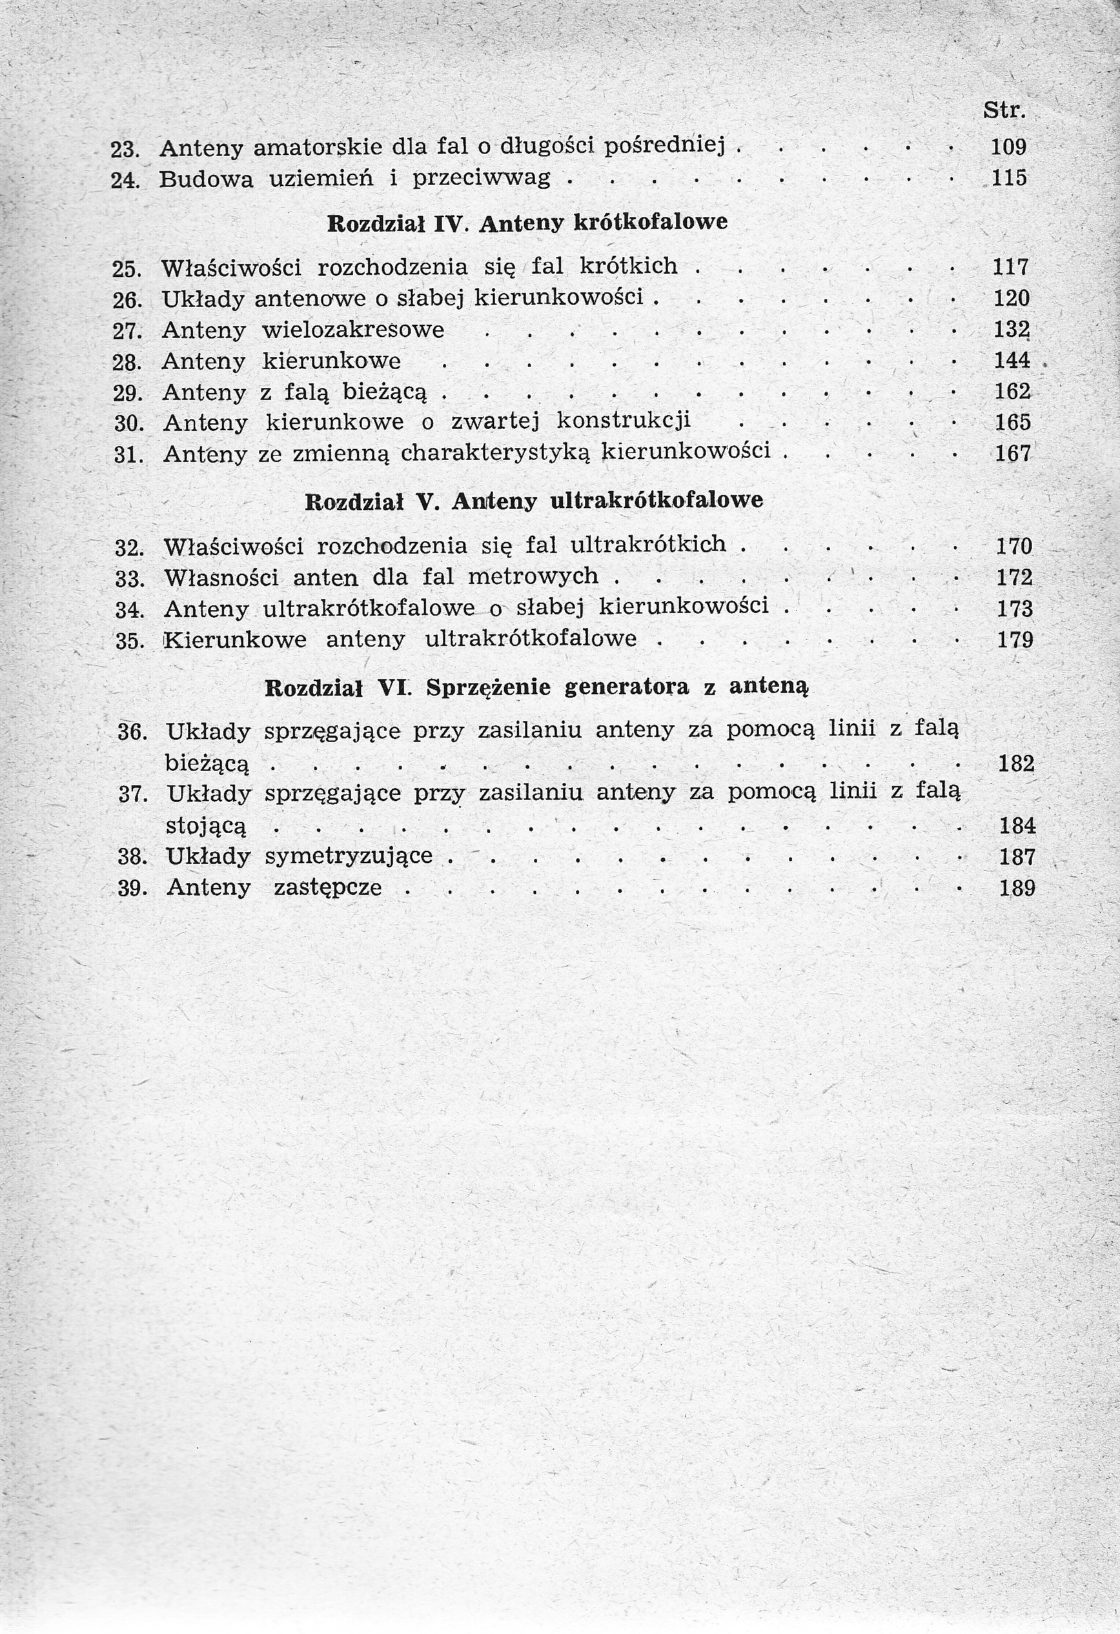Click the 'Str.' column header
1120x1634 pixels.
coord(1004,110)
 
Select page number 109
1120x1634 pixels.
coord(1009,147)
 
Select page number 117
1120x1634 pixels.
coord(1010,268)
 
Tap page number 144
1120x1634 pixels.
coord(1012,361)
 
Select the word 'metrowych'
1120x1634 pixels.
coord(533,576)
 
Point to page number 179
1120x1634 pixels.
coord(1015,640)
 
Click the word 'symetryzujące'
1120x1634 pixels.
coord(349,856)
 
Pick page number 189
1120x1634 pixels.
coord(1017,888)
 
